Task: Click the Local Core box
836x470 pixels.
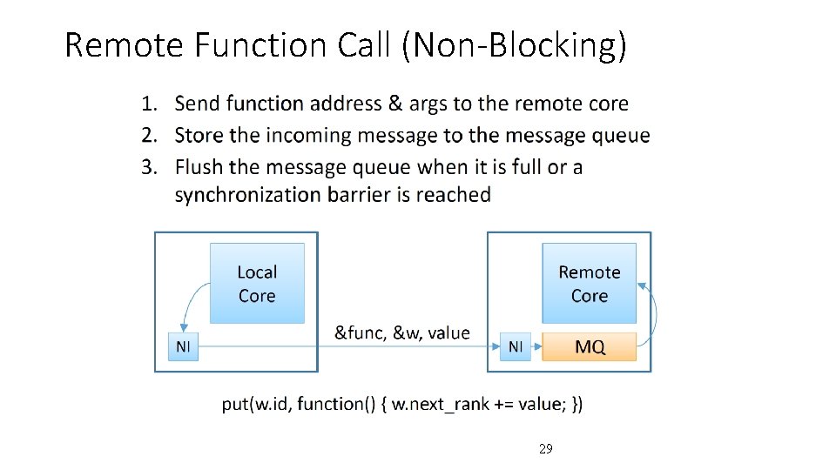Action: pos(257,284)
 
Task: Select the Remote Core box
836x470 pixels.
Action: pos(589,284)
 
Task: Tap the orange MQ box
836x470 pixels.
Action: pos(590,347)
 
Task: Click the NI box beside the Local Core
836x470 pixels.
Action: pos(183,347)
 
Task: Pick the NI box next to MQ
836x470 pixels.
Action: pos(516,347)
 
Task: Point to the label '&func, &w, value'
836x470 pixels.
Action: pos(401,332)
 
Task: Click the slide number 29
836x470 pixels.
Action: pos(545,449)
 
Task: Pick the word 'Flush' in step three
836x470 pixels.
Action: pos(199,166)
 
